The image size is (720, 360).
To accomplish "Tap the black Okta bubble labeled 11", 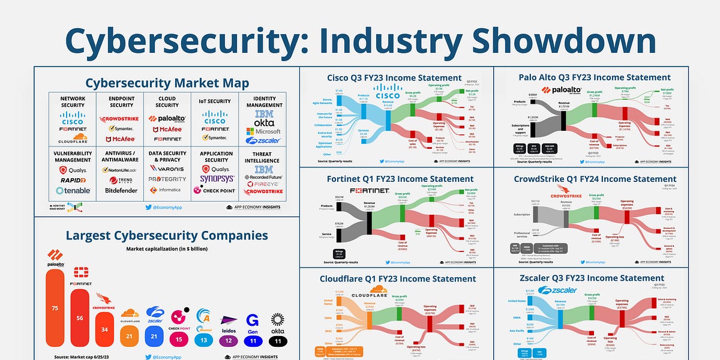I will click(278, 340).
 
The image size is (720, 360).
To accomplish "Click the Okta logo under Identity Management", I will click(263, 122).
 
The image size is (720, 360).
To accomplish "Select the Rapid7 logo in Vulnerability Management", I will click(73, 180).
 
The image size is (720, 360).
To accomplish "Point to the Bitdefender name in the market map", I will click(121, 190).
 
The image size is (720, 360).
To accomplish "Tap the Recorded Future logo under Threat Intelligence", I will click(263, 178).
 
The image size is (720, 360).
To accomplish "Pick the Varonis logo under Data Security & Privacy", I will click(167, 169).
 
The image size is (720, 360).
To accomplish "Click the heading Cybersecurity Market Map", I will click(167, 83).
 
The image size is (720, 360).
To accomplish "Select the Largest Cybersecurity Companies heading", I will click(167, 235).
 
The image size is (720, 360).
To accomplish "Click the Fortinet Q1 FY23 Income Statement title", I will click(396, 179).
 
